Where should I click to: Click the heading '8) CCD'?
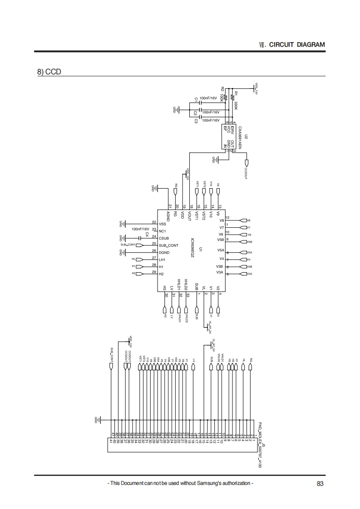[x=49, y=72]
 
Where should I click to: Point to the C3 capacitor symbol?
[x=199, y=117]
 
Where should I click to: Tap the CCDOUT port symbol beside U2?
[x=247, y=163]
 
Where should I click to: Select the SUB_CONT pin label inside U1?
[x=168, y=245]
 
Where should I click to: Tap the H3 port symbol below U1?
[x=165, y=309]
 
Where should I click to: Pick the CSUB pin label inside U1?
[x=164, y=238]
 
